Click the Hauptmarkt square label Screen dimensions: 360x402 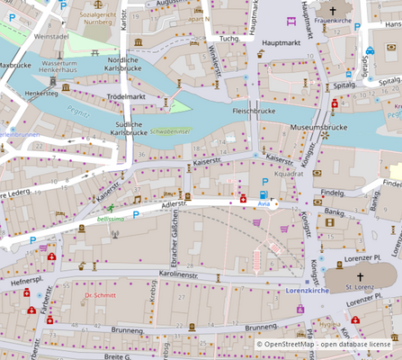coord(279,42)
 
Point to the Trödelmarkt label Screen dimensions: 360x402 coord(125,95)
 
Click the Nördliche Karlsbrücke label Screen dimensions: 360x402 coord(122,64)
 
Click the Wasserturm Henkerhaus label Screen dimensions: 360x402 coord(66,68)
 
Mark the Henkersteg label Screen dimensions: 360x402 coord(41,93)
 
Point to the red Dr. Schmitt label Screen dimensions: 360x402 coord(100,294)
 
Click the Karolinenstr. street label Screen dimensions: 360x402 coord(190,273)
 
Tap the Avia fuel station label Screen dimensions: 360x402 coord(263,204)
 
